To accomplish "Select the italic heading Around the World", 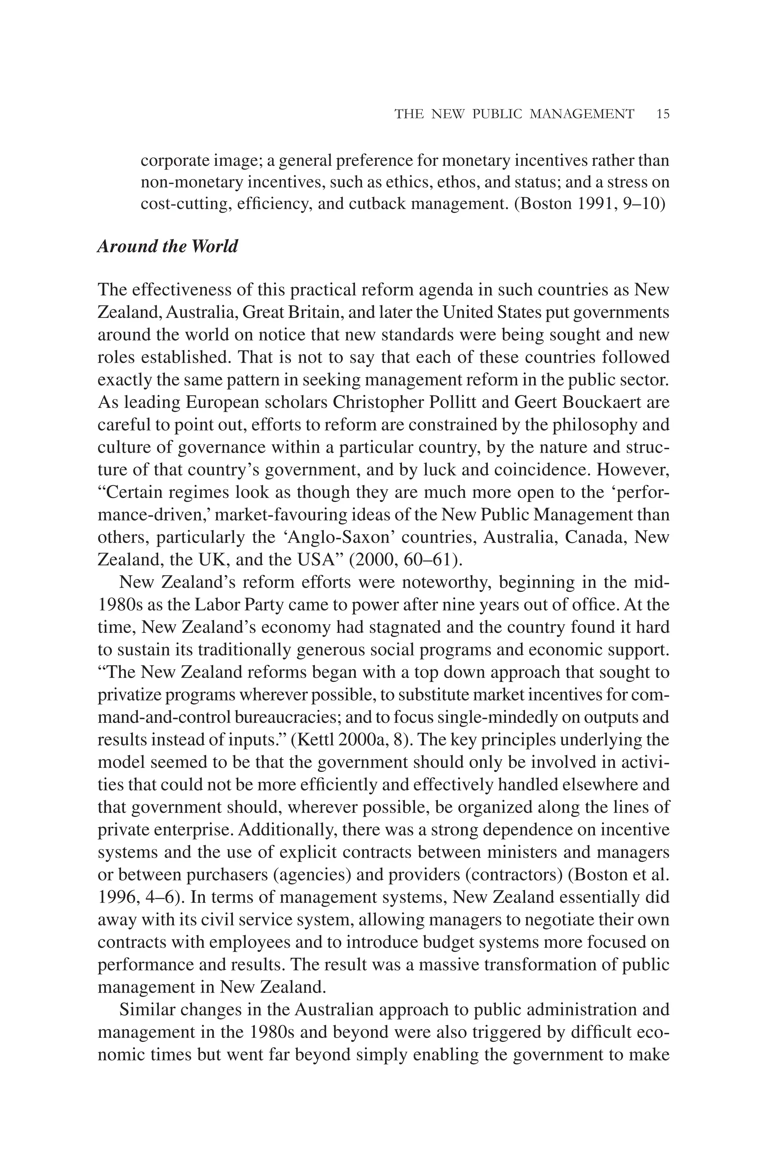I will (167, 246).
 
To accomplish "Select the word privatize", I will (129, 695).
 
